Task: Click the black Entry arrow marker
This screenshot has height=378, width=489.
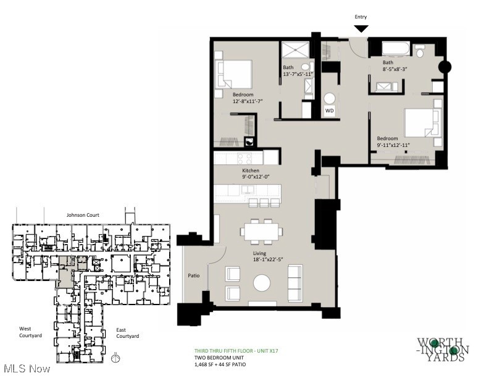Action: point(361,28)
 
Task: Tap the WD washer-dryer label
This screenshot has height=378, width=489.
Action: point(330,111)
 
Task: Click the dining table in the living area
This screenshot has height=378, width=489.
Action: point(262,231)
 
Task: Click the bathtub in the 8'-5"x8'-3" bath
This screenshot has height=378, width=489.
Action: point(395,49)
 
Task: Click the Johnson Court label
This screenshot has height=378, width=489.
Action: point(83,216)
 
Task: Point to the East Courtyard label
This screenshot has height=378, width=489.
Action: point(128,333)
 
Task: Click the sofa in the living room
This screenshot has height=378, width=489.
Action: point(296,282)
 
